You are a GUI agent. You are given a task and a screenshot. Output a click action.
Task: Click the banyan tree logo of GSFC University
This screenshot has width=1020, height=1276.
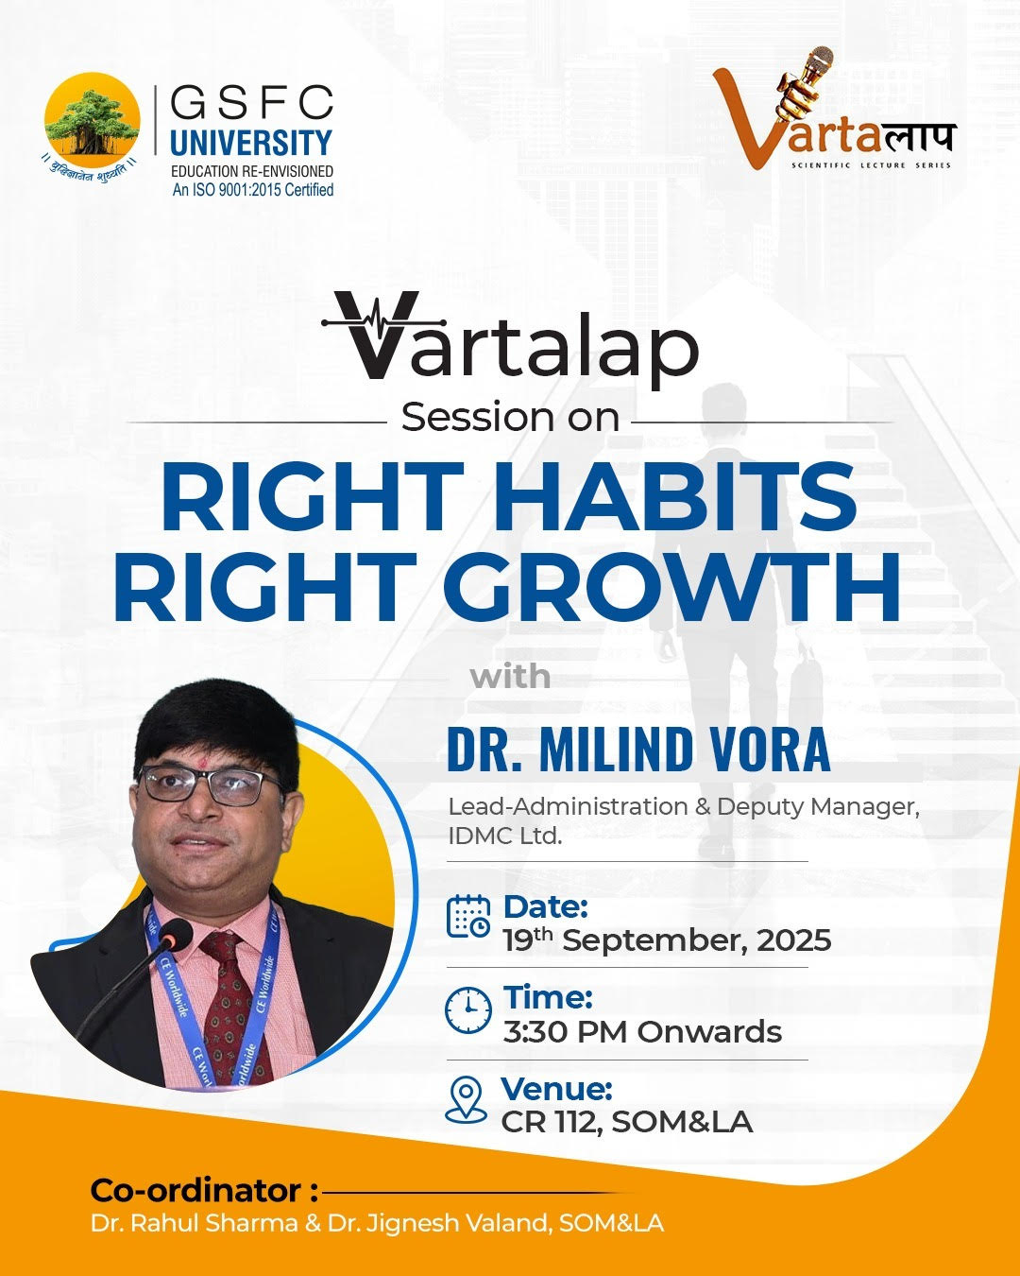coord(93,120)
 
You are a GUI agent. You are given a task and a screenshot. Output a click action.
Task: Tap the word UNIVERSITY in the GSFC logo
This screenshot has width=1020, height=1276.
coord(250,144)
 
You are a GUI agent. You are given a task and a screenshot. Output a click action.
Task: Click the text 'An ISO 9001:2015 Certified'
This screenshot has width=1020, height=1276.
coord(252,190)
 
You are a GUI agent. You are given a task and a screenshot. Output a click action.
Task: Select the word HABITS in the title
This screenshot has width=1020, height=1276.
coord(674,497)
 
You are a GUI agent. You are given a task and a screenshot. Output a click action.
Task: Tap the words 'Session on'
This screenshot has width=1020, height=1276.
coord(510,417)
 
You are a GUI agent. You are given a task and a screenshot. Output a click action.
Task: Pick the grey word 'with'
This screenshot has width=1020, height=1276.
coord(510,677)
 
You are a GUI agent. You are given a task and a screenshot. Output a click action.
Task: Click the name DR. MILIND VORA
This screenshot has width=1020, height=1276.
coord(638,750)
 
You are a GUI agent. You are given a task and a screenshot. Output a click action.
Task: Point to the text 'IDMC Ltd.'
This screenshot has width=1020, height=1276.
coord(504,836)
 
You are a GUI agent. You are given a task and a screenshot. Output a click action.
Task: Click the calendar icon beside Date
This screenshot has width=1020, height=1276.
coord(467,916)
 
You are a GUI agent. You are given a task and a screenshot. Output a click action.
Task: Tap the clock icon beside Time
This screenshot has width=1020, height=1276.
coord(467,1009)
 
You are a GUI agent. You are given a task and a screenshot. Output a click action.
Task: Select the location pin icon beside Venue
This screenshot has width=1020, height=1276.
coord(466,1099)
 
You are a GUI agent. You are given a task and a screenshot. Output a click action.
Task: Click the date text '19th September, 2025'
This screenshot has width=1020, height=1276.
coord(667,940)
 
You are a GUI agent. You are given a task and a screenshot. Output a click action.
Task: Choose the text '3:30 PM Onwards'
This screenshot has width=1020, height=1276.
coord(642,1032)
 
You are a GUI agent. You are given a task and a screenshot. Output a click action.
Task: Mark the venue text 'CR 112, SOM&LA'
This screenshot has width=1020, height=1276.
coord(626,1122)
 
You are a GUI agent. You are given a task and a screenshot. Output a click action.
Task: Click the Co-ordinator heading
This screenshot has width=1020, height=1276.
coord(204,1190)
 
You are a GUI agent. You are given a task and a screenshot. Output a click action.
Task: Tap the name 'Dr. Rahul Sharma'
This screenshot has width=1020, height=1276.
coord(195,1223)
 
